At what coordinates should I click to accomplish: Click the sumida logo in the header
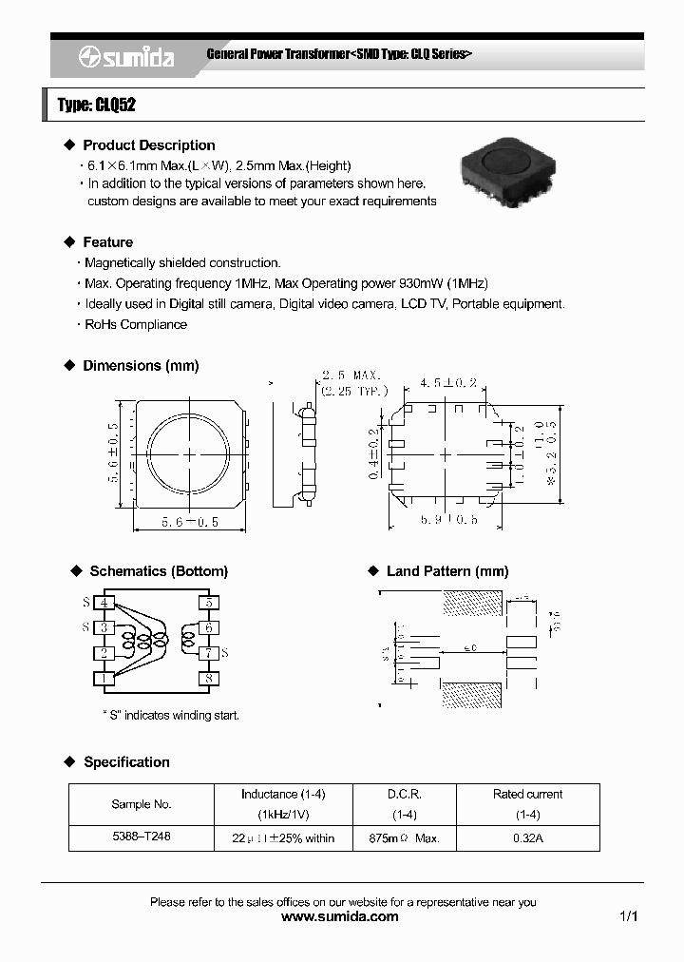126,58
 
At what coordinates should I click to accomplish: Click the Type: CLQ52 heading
96,106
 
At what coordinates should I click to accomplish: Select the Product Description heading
148,145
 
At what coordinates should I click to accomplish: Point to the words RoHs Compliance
136,324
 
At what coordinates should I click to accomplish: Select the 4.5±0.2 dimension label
447,383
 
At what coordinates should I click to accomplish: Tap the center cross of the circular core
188,455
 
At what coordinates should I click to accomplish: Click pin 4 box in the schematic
104,602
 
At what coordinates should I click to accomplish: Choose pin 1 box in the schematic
104,679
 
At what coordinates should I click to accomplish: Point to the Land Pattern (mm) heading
446,571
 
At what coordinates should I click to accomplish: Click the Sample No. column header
142,804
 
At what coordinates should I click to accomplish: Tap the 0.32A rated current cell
527,838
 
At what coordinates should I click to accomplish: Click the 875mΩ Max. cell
404,838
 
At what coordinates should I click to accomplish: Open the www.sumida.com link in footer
342,917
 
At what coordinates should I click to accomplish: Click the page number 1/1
628,917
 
